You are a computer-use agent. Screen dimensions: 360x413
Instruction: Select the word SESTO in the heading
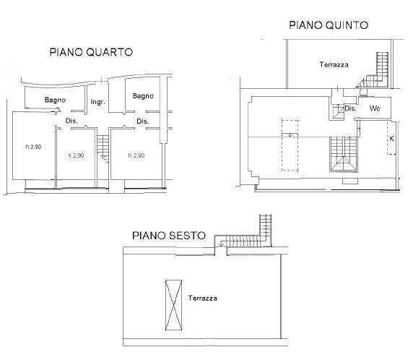pos(186,236)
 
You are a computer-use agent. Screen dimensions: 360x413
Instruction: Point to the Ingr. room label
pos(97,103)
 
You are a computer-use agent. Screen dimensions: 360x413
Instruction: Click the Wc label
pos(374,108)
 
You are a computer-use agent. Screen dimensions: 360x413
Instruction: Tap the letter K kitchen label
pos(391,137)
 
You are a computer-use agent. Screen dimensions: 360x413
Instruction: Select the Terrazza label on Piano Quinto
pos(334,65)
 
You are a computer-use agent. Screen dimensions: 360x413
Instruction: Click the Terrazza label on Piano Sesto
pos(203,298)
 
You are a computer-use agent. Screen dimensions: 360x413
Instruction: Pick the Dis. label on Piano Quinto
pos(350,108)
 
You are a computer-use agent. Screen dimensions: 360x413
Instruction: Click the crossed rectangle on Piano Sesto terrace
pos(174,304)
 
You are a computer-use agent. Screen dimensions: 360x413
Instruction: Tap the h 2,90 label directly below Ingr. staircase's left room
pos(76,155)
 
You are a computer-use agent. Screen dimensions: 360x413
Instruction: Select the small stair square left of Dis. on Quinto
pos(337,113)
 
